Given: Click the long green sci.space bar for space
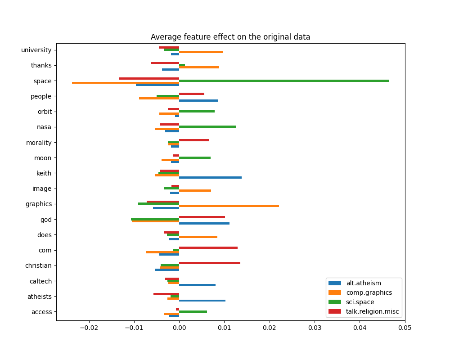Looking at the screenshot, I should click(x=283, y=81).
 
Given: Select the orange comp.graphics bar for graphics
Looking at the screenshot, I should click(x=229, y=206).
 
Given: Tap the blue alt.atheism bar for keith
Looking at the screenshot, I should click(x=210, y=177).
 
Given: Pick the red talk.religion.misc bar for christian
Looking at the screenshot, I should click(x=209, y=263).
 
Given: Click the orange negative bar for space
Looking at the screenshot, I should click(x=126, y=83).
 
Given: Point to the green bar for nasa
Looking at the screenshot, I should click(x=207, y=126).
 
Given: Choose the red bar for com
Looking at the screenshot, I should click(x=208, y=247).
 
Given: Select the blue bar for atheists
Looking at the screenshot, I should click(x=202, y=300).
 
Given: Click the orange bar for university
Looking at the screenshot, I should click(x=201, y=52).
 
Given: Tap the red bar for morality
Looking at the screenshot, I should click(x=194, y=140).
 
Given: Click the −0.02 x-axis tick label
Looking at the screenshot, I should click(x=89, y=328).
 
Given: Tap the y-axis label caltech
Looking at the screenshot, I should click(x=40, y=281).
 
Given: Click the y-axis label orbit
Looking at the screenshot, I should click(x=44, y=112).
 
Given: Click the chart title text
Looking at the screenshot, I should click(x=230, y=37).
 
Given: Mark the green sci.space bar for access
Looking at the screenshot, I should click(x=193, y=311).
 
